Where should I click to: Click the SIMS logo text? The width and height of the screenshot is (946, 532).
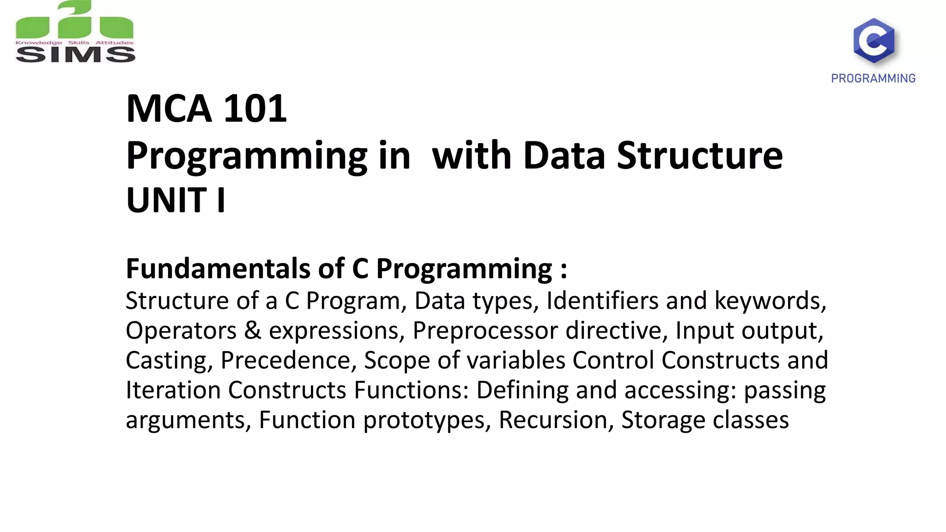[x=75, y=54]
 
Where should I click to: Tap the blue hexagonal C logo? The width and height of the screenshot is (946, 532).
[x=873, y=41]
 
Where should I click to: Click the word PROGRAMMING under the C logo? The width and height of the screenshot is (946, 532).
[x=873, y=79]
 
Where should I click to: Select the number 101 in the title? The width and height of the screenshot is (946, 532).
[x=255, y=109]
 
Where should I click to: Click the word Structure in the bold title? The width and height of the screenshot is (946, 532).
[x=700, y=155]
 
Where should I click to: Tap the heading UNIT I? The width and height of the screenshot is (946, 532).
[x=176, y=200]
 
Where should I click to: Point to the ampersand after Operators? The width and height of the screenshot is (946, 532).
[x=252, y=331]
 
